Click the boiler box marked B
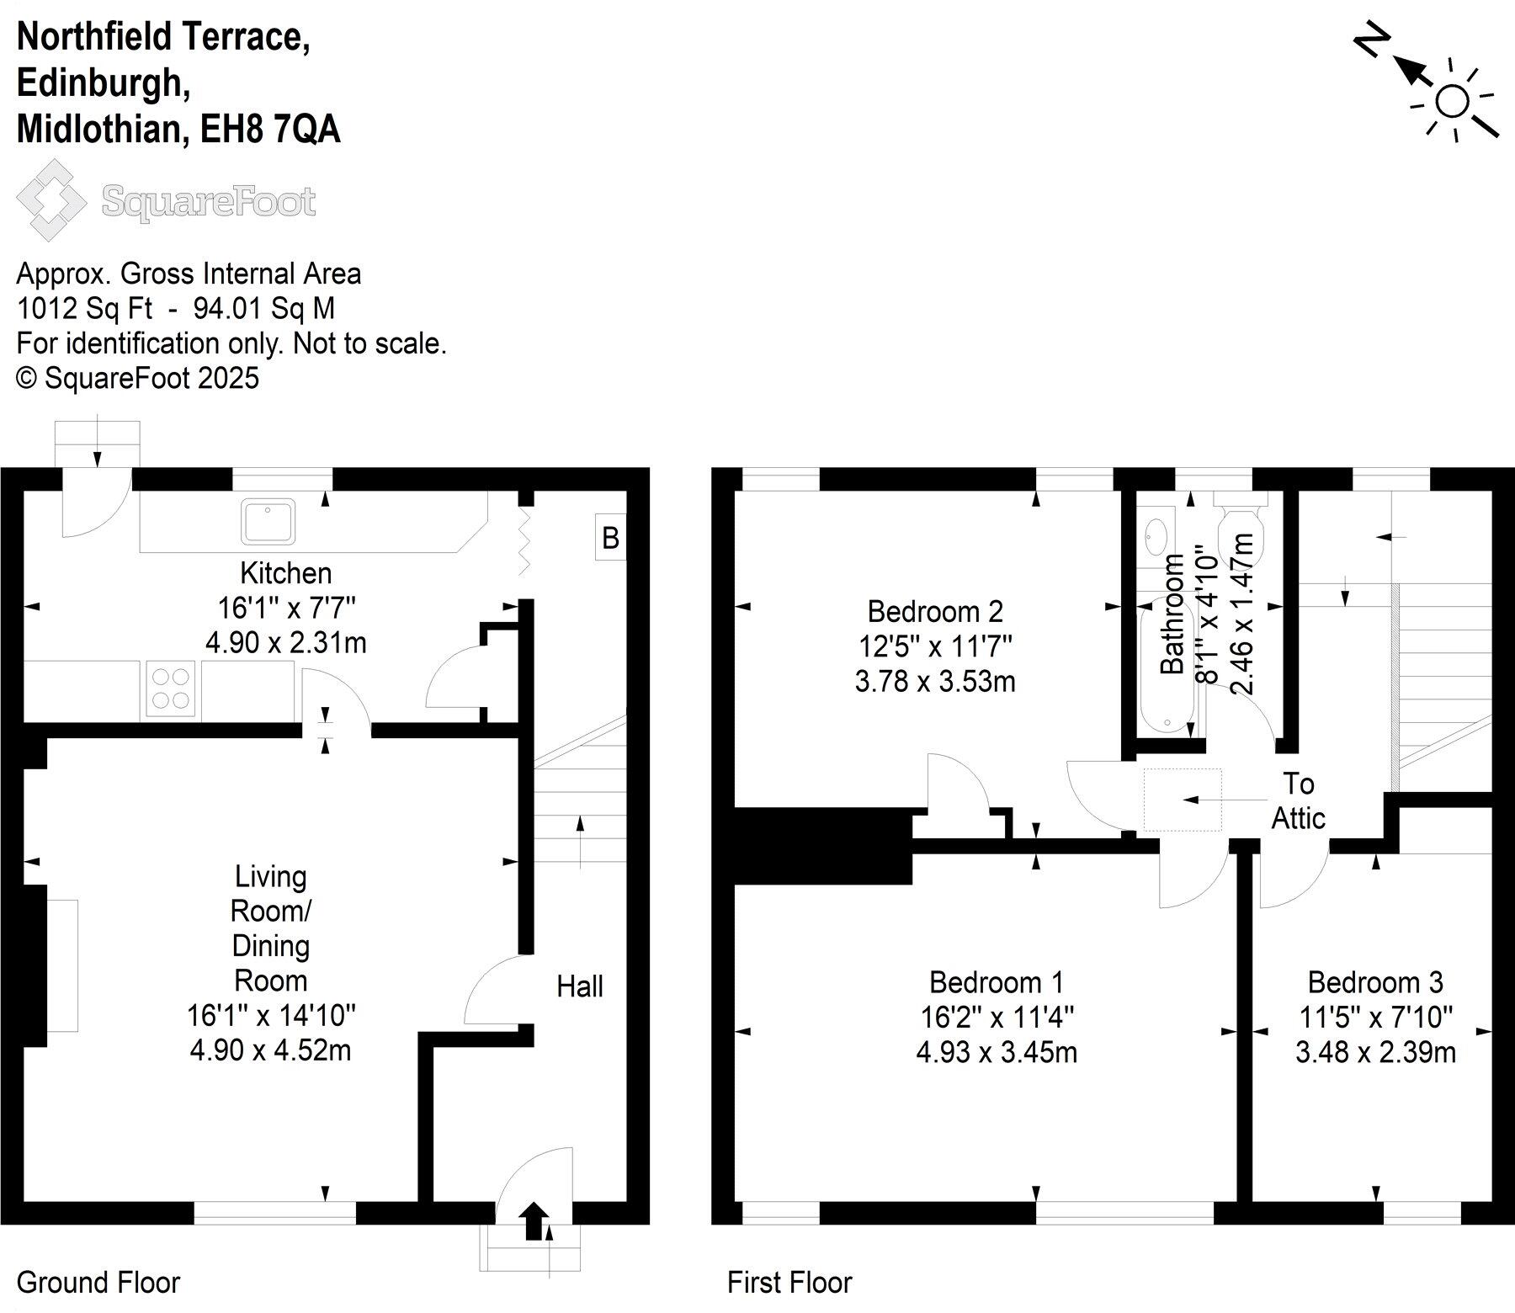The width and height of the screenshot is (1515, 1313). (610, 537)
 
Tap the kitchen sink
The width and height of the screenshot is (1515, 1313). (268, 521)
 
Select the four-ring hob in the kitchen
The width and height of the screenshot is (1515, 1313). (172, 688)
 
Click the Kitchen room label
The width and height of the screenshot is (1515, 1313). (286, 573)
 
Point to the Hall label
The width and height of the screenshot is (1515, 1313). (580, 986)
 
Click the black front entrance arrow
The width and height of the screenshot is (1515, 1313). (534, 1221)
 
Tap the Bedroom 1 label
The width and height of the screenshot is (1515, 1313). (997, 982)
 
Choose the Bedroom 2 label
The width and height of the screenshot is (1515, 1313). (935, 610)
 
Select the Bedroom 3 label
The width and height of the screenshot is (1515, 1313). (1375, 982)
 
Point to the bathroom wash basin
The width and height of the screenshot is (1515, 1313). (1156, 533)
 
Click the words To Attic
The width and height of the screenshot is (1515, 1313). (1299, 800)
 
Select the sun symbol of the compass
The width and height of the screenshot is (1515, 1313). (1453, 102)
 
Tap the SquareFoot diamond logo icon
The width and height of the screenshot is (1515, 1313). (50, 200)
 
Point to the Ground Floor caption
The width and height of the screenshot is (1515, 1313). (98, 1283)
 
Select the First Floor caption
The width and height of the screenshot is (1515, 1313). (789, 1283)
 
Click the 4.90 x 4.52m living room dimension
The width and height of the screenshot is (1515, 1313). (270, 1050)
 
